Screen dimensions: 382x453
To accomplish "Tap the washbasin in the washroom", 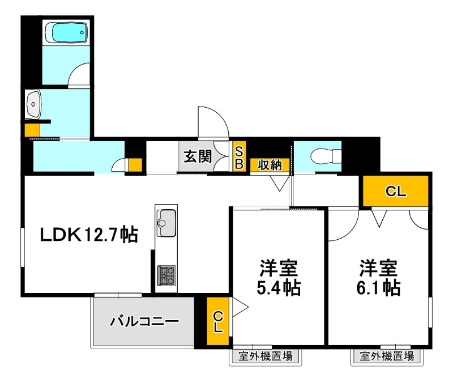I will pyautogui.click(x=33, y=105).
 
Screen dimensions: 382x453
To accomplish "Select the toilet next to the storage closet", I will pyautogui.click(x=325, y=155).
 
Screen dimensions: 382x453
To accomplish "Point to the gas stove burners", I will pyautogui.click(x=166, y=275).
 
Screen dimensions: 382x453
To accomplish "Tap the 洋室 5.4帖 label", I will pyautogui.click(x=279, y=277).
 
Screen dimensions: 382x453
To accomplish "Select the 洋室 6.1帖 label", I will pyautogui.click(x=378, y=277).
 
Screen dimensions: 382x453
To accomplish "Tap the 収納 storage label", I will pyautogui.click(x=270, y=164).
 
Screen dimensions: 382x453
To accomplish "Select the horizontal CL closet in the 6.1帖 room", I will pyautogui.click(x=396, y=192).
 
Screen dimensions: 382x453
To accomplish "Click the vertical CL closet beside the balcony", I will pyautogui.click(x=218, y=322).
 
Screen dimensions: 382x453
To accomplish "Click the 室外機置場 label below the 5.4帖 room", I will pyautogui.click(x=265, y=356).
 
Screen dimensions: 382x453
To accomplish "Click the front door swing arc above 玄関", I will pyautogui.click(x=213, y=120).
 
